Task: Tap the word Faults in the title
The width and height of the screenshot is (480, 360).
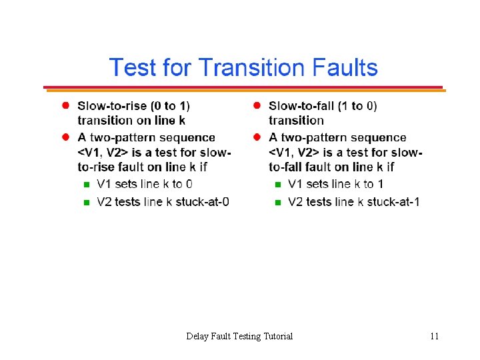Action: [344, 68]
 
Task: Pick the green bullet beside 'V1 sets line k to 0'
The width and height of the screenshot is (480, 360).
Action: [85, 185]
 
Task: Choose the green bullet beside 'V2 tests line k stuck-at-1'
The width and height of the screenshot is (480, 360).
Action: [277, 202]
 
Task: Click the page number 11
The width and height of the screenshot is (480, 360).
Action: [434, 336]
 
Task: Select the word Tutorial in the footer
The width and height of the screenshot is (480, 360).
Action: [278, 336]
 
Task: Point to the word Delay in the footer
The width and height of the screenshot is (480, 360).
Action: [197, 336]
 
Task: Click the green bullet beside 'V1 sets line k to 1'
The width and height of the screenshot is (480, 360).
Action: [277, 185]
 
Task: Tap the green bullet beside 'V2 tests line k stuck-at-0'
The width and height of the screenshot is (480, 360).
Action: [85, 202]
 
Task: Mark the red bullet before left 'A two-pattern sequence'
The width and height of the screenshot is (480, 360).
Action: [66, 137]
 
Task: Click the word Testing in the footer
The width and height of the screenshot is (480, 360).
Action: [247, 336]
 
